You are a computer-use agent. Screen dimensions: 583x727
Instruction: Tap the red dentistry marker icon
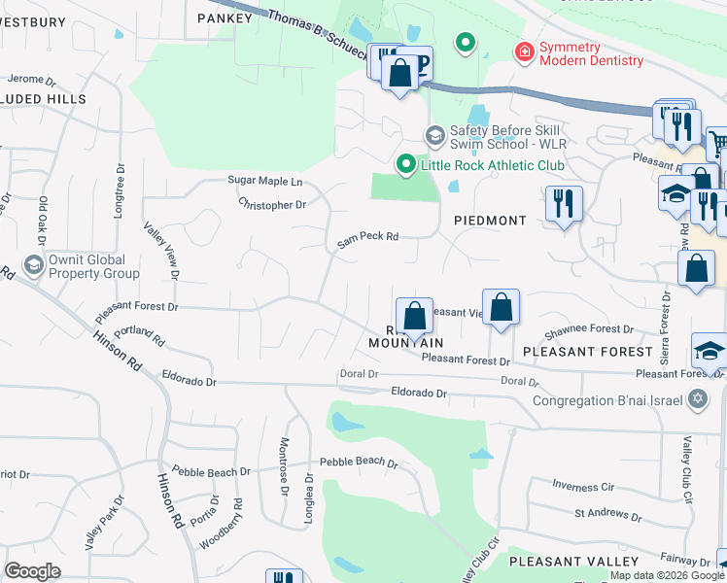[524, 51]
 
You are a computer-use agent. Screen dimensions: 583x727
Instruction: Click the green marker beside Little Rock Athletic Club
[406, 165]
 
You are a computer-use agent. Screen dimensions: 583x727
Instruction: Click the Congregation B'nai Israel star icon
[697, 398]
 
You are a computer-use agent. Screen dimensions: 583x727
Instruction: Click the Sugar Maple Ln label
[265, 181]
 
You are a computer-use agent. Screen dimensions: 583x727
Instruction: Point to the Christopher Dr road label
[272, 205]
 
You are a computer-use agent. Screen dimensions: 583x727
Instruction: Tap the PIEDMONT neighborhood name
[490, 221]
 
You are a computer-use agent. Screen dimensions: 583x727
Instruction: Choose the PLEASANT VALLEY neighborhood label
[573, 562]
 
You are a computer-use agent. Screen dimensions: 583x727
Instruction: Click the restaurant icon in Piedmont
[564, 203]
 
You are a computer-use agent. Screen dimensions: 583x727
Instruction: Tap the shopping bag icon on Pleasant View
[501, 307]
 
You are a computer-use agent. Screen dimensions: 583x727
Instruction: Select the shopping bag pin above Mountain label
[414, 315]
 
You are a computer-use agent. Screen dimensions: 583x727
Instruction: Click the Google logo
[33, 570]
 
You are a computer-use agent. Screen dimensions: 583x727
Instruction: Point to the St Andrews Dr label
[606, 512]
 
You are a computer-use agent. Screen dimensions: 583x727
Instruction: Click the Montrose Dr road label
[285, 478]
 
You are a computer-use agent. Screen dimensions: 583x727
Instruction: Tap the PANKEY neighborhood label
[217, 17]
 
